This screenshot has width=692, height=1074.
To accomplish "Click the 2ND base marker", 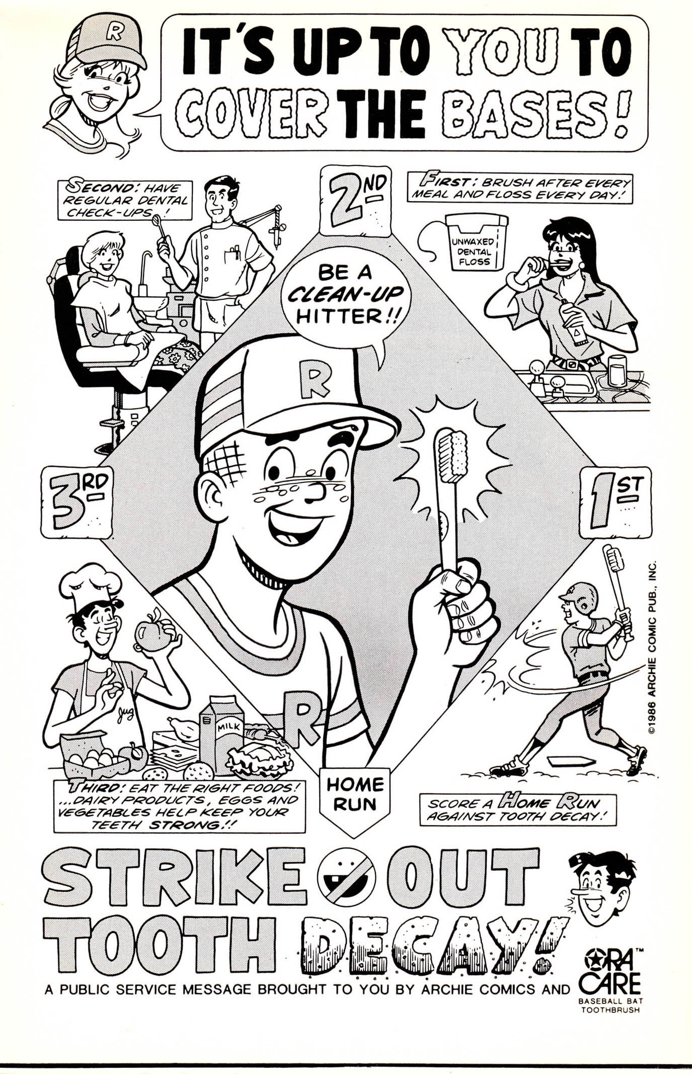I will coord(355,202).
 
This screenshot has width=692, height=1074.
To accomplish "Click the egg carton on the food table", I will coord(91,757).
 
